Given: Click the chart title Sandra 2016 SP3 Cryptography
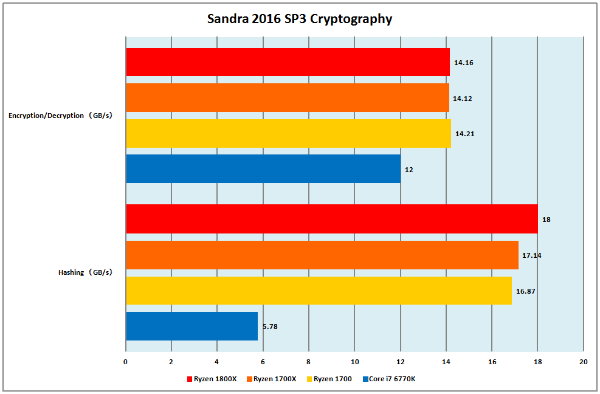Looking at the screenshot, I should coord(300,19).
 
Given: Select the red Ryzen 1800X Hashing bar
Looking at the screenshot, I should coord(331,219).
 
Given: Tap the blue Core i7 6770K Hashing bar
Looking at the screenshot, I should coord(191,326).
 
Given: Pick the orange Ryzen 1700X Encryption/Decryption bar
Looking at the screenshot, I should coord(287,97).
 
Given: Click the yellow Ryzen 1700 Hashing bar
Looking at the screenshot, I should coord(319,291).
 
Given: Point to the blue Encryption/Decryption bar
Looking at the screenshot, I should coord(263,169).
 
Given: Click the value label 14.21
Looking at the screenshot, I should coord(464,134).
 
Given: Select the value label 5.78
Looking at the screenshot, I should coord(271,327).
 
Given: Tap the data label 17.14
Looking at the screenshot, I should coord(531,255).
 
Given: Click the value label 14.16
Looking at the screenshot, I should coord(463,62).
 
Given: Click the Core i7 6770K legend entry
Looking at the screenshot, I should coord(392,379).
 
